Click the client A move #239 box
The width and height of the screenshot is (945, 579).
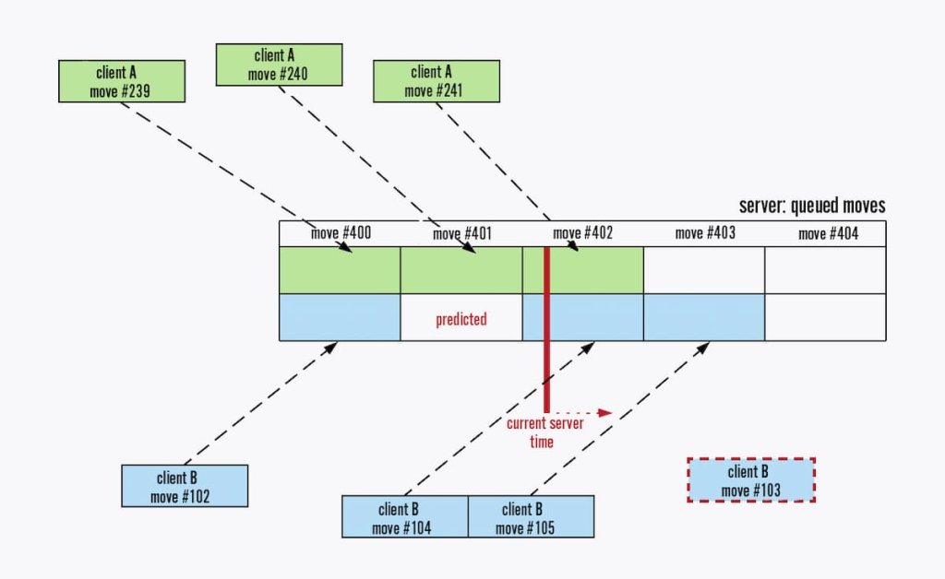(122, 81)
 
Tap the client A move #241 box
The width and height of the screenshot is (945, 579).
(437, 81)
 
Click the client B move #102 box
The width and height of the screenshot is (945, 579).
(185, 486)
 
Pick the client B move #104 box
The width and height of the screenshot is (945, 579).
(405, 516)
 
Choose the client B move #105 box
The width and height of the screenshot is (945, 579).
(531, 516)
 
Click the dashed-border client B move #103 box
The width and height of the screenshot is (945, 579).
(750, 479)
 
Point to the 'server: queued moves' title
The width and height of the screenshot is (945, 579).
(812, 206)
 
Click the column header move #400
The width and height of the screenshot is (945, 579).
(341, 233)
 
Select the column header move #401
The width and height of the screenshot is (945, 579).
(461, 233)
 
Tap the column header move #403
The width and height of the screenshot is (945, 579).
(705, 233)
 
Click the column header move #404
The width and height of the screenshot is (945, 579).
(828, 233)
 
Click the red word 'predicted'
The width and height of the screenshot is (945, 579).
(461, 319)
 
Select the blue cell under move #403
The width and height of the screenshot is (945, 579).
(704, 317)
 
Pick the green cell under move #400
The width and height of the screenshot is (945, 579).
(340, 270)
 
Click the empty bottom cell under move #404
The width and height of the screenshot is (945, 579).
(825, 317)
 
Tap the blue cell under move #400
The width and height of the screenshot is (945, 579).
(340, 317)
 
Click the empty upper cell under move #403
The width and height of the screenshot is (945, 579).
(704, 270)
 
